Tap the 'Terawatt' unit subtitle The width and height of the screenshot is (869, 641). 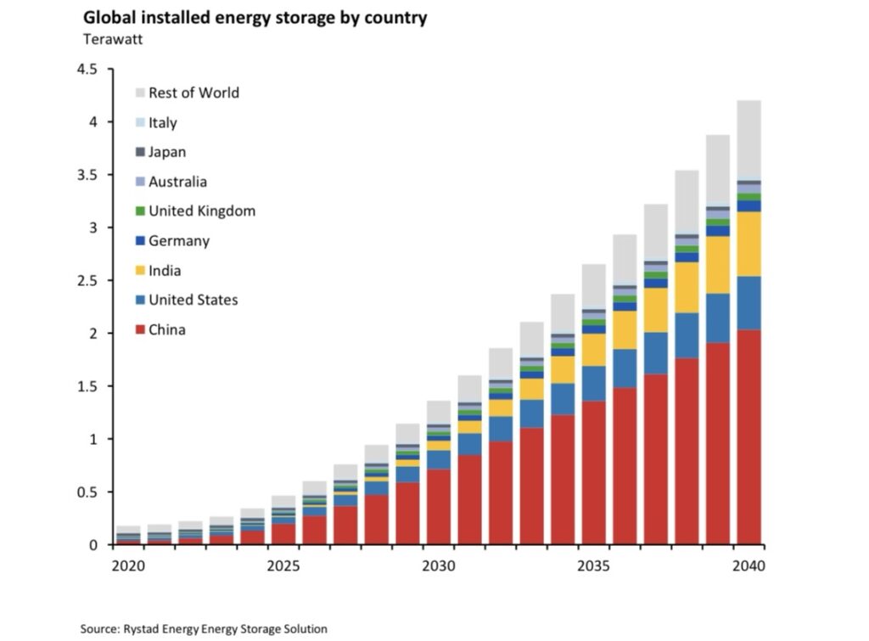pos(114,38)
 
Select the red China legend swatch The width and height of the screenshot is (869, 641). pos(140,329)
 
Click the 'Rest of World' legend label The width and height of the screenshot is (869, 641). pos(193,93)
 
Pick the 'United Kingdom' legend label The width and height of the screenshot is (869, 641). pos(201,211)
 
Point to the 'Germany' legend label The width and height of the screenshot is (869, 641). pos(178,240)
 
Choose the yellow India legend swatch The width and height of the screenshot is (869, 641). pos(140,271)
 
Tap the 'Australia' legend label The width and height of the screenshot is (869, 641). pos(177,182)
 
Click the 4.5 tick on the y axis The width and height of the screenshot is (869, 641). pos(87,69)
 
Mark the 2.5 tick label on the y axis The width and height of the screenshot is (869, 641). pos(87,280)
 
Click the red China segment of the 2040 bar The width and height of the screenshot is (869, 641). pos(748,437)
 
